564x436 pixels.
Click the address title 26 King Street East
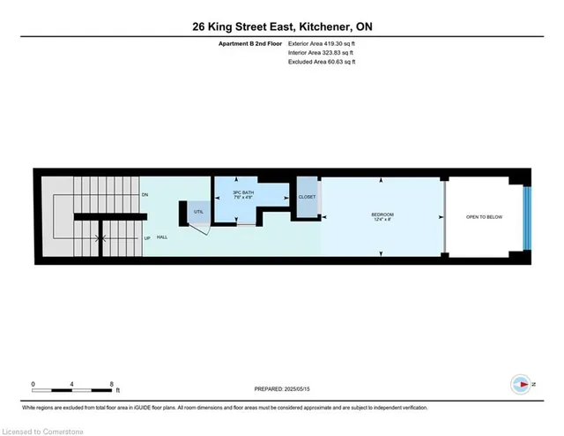[281, 27]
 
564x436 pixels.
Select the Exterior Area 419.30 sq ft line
[322, 43]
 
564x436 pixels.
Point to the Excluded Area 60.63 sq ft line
[321, 61]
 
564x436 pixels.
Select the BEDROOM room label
[382, 215]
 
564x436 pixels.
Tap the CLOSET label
[307, 197]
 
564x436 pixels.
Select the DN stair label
[145, 194]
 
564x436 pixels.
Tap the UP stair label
[145, 238]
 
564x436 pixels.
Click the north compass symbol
[521, 384]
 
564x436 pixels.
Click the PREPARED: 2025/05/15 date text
[281, 389]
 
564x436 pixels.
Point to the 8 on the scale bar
[112, 383]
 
